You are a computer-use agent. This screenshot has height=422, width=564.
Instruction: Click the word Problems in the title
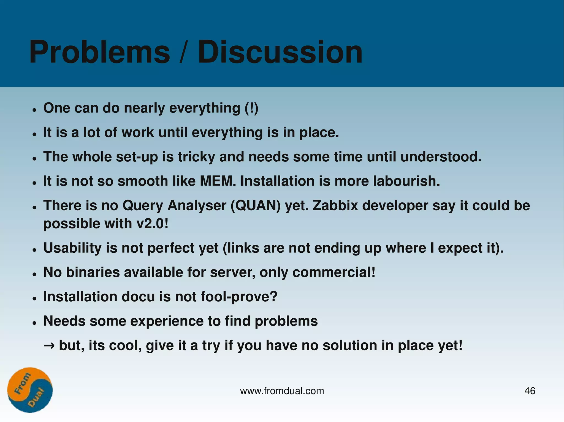[x=100, y=52]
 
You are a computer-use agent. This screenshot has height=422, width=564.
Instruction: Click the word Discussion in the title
[x=280, y=52]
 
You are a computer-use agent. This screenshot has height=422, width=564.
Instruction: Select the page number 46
[x=530, y=391]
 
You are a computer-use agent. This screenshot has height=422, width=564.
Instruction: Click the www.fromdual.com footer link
[x=282, y=391]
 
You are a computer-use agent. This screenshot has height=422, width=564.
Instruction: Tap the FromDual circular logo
[x=30, y=390]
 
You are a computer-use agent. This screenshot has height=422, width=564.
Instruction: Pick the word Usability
[x=72, y=248]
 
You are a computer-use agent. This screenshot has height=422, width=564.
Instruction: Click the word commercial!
[x=334, y=272]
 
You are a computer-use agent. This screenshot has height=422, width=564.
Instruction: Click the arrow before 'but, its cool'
[x=49, y=346]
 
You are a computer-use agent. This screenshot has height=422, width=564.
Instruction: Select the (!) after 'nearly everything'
[x=251, y=108]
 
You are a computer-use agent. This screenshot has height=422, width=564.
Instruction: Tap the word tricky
[x=196, y=157]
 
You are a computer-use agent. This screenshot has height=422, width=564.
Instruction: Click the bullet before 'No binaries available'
[x=34, y=274]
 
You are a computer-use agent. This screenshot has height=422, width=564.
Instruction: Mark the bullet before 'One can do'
[x=34, y=110]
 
